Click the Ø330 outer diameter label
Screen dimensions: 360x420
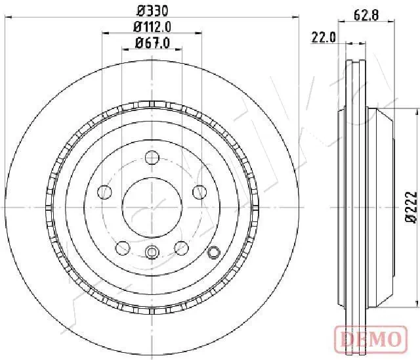pos(152,11)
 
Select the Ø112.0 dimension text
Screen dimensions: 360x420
pos(152,27)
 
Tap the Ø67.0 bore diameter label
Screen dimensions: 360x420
pos(152,43)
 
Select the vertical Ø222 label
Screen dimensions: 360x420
pos(411,208)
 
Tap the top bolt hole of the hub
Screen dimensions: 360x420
pos(152,157)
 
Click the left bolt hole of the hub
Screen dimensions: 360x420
pos(104,192)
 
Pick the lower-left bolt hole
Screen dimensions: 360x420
pos(122,248)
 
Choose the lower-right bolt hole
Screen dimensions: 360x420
pos(182,248)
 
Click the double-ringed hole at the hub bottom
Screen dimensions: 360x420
pos(152,252)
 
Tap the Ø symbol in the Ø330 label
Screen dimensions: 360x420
pos(140,11)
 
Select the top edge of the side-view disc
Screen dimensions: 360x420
pos(357,60)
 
